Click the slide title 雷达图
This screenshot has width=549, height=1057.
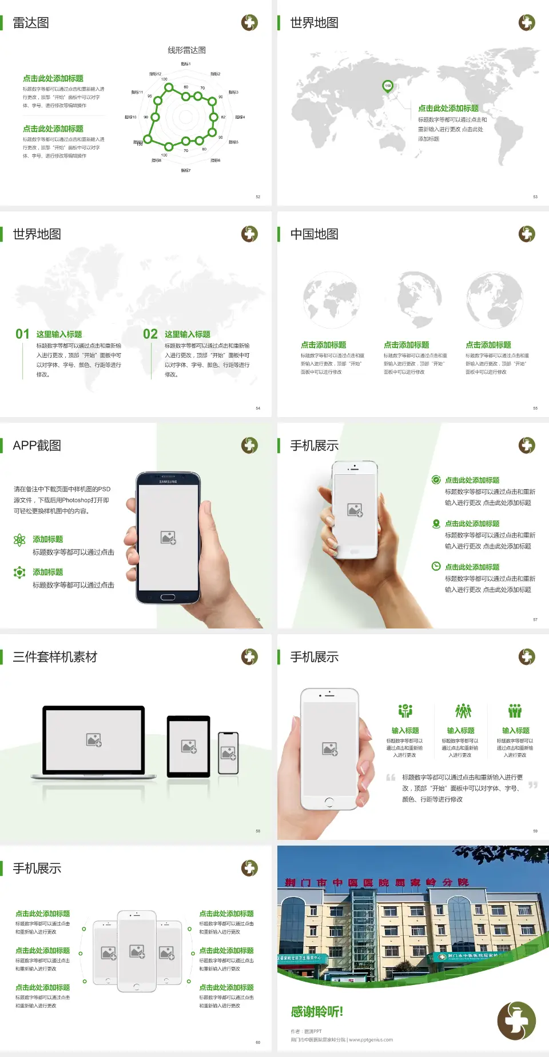31,23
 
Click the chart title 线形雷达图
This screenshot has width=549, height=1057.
186,50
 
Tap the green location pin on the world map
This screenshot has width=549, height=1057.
387,86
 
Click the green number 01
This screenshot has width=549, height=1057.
22,334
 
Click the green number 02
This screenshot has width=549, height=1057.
150,334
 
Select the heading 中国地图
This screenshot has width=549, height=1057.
314,234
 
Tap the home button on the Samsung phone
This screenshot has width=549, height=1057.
168,597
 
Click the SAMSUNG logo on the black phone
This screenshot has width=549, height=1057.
168,482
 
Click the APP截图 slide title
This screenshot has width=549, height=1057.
37,446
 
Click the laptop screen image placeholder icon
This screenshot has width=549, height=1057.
94,740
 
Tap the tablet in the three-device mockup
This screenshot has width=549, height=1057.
189,746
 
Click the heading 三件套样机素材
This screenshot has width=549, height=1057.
55,657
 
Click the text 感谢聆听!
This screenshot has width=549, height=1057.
317,1012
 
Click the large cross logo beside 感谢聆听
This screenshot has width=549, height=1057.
516,1020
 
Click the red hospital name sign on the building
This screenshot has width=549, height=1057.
376,883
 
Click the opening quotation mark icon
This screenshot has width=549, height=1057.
391,778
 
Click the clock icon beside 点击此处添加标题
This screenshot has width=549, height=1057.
436,566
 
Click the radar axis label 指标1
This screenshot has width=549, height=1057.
185,64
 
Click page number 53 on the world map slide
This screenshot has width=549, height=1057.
535,197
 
